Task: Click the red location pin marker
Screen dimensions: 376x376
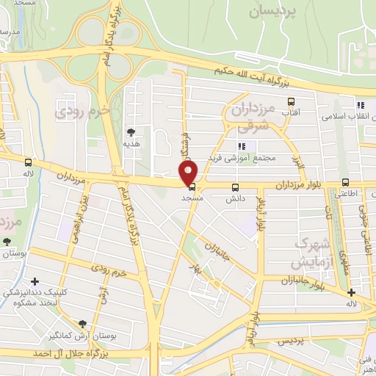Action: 189,173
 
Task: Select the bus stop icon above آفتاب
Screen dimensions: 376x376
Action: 292,102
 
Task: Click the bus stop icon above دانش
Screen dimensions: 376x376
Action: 235,187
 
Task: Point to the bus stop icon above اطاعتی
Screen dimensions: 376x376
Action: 345,184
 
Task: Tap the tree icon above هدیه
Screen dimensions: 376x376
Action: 131,132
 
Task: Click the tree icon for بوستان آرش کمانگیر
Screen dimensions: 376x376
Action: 82,324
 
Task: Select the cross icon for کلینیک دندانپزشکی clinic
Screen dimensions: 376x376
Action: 35,281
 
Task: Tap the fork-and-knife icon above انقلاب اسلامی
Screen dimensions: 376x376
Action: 361,104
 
